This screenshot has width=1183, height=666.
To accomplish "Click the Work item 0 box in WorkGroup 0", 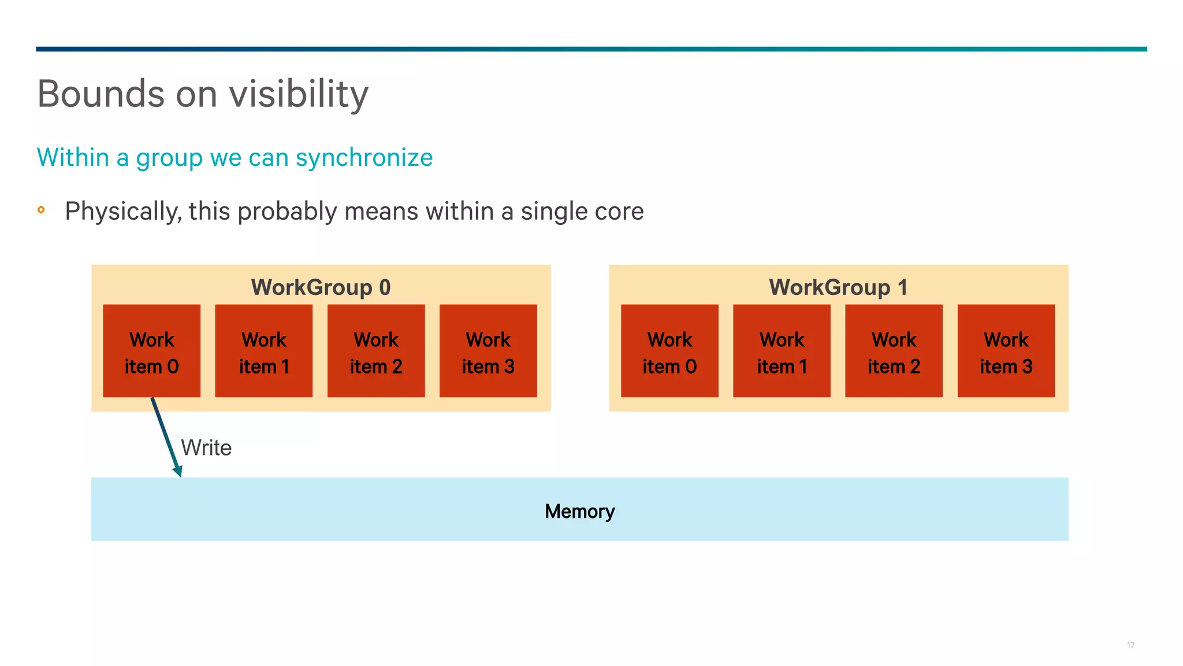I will tap(151, 351).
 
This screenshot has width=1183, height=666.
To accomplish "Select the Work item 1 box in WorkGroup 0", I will tap(263, 351).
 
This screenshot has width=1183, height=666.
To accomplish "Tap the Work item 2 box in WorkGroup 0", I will tap(376, 351).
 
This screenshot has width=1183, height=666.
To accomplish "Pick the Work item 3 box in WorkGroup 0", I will tap(488, 351).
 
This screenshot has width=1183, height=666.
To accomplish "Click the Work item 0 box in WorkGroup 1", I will tap(669, 351).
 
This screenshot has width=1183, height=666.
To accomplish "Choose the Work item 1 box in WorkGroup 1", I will tap(782, 351).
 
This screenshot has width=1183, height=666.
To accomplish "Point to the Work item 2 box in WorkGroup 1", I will tap(894, 351).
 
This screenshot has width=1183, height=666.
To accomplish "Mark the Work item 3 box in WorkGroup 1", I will tap(1006, 351).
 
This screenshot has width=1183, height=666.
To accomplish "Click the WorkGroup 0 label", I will tap(321, 287).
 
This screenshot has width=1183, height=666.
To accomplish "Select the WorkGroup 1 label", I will tap(838, 287).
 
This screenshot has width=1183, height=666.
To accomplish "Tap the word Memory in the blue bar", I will tap(579, 511).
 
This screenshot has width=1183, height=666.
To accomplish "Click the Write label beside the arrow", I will tap(206, 448).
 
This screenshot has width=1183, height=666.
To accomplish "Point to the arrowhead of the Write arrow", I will tap(178, 471).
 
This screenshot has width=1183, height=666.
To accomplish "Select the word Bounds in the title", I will tap(101, 94).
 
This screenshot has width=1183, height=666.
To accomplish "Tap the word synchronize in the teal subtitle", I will tap(364, 158).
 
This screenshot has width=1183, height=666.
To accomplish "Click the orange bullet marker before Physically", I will tap(41, 210).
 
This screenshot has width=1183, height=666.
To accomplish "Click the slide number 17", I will tap(1130, 645).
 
